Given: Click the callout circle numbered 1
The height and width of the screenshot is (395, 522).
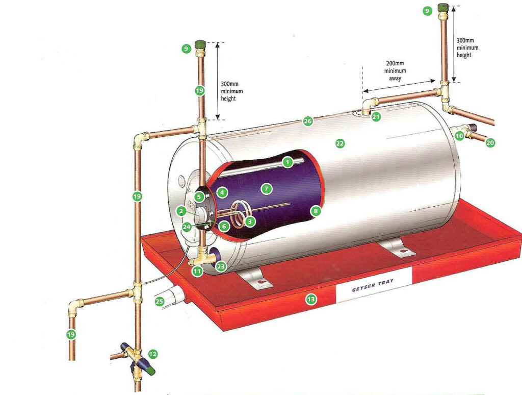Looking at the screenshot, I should tap(288, 162).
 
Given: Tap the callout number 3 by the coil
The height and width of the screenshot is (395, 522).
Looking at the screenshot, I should tap(249, 222).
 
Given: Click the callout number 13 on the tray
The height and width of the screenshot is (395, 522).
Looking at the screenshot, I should tap(310, 300).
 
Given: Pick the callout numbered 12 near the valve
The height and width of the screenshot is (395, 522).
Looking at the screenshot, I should tap(152, 353).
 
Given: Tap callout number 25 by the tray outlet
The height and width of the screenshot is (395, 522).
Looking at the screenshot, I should tap(160, 302).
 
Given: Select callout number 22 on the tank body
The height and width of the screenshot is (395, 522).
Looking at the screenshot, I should tap(340, 144).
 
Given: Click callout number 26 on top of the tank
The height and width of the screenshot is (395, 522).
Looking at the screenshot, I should tap(307, 121).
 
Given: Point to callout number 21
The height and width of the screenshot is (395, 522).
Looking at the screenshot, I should tap(376, 117).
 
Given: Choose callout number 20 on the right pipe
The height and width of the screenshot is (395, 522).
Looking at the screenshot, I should tap(490, 143).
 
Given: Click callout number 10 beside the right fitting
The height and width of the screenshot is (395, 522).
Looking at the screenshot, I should tap(459, 136).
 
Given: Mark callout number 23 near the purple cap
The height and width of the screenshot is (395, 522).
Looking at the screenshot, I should tap(221, 266).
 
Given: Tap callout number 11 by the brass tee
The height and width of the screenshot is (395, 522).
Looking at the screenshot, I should tap(197, 271).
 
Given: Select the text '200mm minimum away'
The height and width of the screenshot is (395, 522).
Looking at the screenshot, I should tap(395, 70).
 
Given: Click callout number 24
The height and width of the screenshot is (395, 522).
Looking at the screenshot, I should tap(187, 227).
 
